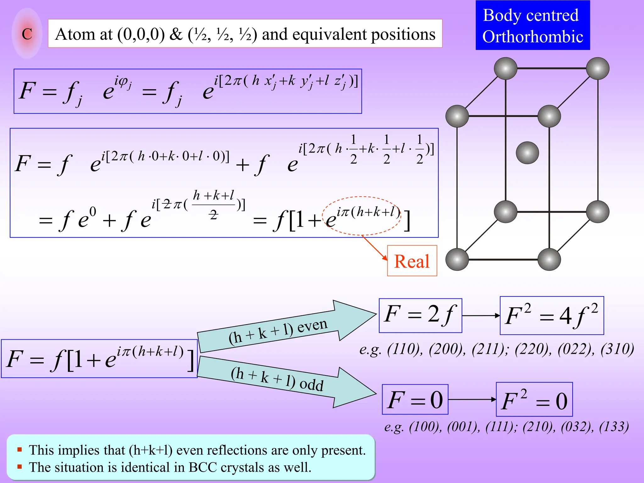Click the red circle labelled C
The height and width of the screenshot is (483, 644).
[x=27, y=34]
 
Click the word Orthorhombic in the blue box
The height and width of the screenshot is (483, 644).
[x=533, y=37]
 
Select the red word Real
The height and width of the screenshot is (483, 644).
[x=412, y=261]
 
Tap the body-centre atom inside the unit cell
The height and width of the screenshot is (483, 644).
[x=527, y=153]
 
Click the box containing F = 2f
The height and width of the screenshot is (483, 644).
[x=420, y=315]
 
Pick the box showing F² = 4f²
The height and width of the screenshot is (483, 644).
[x=552, y=316]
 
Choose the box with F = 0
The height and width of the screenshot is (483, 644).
[x=415, y=400]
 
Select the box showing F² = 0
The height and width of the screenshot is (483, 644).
[x=534, y=400]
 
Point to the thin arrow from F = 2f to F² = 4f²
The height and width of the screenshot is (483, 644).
[x=481, y=316]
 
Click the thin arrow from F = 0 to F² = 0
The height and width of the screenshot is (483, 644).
[x=472, y=400]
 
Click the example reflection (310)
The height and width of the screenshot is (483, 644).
[x=617, y=349]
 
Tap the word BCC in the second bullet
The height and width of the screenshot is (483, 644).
[x=203, y=467]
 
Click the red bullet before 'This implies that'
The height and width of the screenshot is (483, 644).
[x=19, y=450]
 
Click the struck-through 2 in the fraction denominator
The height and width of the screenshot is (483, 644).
[x=214, y=215]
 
